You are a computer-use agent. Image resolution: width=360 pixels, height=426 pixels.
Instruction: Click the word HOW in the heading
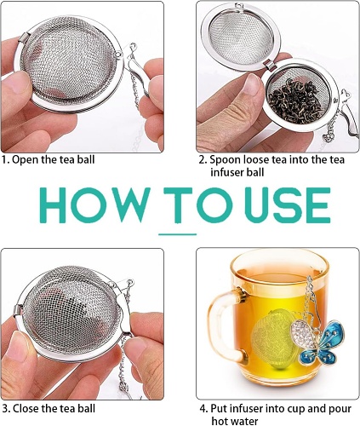click(93, 204)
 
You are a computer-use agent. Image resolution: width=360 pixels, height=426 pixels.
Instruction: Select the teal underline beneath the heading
click(177, 234)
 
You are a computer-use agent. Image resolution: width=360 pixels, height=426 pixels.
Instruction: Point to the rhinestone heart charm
click(303, 333)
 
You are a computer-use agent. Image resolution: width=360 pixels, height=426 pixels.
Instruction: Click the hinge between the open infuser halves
click(270, 65)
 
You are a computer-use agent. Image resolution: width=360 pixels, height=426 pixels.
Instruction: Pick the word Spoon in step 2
click(225, 160)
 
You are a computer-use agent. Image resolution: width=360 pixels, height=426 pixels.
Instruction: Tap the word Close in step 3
click(26, 409)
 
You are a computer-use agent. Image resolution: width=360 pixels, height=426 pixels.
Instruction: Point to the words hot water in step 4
click(234, 421)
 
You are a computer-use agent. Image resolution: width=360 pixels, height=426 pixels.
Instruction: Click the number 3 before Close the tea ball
click(5, 409)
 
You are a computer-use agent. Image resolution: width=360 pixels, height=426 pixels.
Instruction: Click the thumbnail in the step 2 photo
click(252, 85)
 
